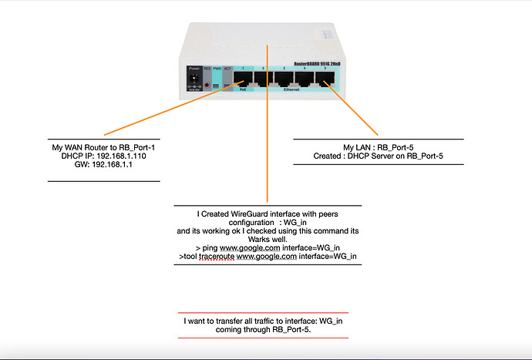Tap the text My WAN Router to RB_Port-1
[103, 146]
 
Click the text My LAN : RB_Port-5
[377, 147]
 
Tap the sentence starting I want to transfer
[264, 320]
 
